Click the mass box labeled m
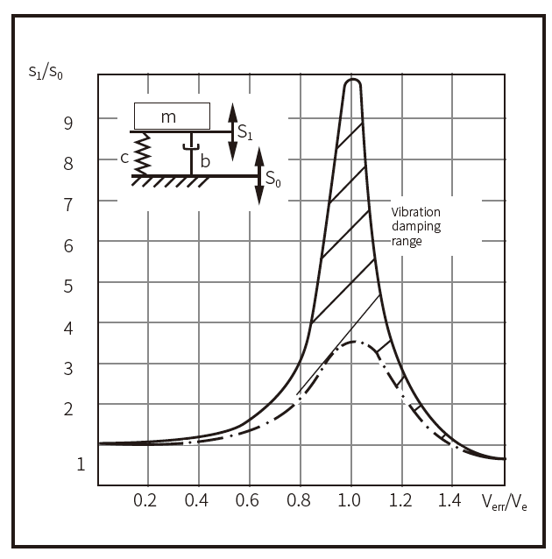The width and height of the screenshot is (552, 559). pyautogui.click(x=173, y=115)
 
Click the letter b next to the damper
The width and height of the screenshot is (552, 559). pyautogui.click(x=205, y=161)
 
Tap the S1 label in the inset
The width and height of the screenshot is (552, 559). pyautogui.click(x=245, y=134)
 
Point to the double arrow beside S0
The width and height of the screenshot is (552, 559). pyautogui.click(x=259, y=176)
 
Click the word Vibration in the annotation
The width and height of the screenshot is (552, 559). pyautogui.click(x=416, y=212)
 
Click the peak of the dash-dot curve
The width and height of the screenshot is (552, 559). pyautogui.click(x=353, y=342)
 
